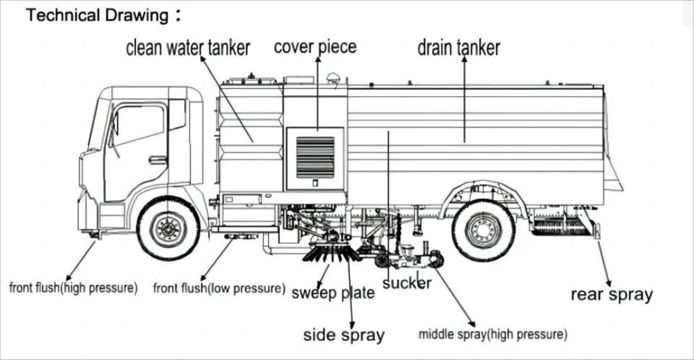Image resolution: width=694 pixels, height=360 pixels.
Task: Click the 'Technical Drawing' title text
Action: pos(98,15)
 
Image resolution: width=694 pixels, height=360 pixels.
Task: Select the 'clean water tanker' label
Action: pos(188,48)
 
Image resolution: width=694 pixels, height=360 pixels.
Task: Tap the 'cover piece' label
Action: pos(315,47)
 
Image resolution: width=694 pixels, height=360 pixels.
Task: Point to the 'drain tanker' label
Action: pos(458,48)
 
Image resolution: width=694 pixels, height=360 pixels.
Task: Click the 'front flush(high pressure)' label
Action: pos(73,288)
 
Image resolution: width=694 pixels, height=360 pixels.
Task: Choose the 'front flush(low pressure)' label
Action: pos(219,288)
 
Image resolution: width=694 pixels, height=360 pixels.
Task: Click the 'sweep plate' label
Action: pos(333,293)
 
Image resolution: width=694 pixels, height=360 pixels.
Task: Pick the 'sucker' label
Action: pos(407,282)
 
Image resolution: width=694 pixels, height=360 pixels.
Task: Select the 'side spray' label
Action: pos(344,335)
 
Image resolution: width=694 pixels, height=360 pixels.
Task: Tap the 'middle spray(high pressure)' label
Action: pos(493,335)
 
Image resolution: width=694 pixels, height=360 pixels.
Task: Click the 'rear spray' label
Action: pos(612,294)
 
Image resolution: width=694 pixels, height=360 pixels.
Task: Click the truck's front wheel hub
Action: pos(168,229)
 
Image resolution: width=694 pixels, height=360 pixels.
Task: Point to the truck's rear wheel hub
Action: pos(483,230)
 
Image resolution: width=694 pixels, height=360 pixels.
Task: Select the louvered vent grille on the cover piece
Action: pos(315,157)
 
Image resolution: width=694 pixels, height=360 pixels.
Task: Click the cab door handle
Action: pos(158,159)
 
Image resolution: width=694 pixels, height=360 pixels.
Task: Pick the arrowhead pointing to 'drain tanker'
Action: pos(464,59)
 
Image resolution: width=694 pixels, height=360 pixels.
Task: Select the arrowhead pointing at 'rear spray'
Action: pos(608,282)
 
